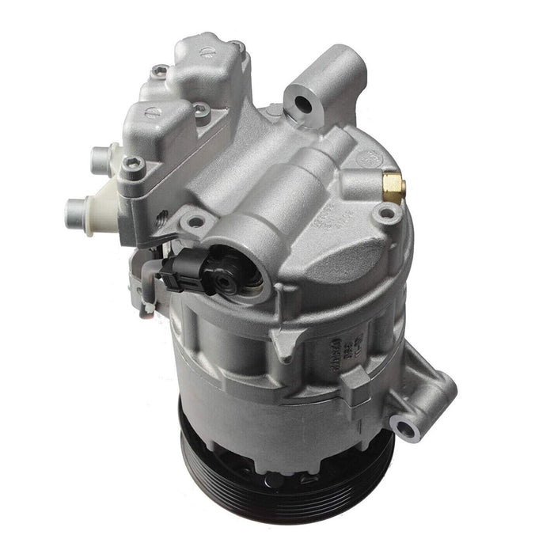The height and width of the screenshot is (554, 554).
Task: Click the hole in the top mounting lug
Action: coord(302,103)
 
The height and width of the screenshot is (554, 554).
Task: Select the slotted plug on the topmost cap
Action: coord(207,52)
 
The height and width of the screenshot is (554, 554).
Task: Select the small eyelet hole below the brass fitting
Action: coord(387,214)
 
